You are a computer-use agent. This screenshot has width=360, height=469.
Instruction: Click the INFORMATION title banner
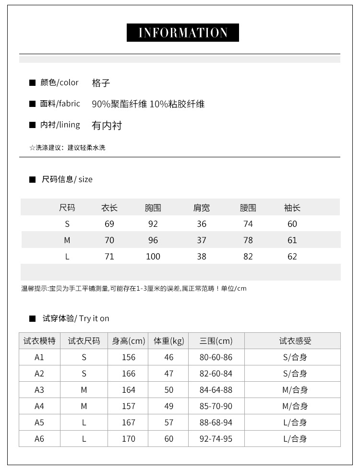(182, 33)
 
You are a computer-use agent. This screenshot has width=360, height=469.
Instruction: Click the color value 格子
(101, 83)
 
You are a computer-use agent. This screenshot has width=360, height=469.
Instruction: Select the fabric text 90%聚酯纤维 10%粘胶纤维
(148, 104)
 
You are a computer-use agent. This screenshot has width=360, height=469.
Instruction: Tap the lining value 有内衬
(107, 126)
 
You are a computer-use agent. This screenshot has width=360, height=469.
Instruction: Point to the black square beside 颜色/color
(33, 83)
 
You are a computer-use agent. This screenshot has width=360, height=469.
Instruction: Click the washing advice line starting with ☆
(67, 148)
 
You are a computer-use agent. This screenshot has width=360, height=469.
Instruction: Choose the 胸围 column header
(153, 208)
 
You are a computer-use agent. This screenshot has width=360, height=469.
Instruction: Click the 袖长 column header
(292, 208)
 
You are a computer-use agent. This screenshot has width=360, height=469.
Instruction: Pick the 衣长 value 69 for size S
(109, 224)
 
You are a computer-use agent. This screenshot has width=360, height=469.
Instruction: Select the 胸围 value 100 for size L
(153, 257)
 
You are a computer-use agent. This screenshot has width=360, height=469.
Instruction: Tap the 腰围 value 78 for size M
(248, 240)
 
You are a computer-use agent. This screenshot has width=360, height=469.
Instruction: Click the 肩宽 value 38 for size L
(202, 257)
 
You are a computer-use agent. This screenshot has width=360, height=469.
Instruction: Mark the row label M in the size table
(67, 240)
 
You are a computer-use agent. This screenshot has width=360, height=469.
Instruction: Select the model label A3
(39, 390)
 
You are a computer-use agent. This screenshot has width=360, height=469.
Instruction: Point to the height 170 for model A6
(129, 439)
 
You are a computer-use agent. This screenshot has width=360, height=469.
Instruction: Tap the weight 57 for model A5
(169, 422)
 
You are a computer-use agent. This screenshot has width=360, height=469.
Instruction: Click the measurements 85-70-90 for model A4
(216, 406)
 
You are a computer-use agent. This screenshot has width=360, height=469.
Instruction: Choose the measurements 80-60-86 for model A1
(216, 357)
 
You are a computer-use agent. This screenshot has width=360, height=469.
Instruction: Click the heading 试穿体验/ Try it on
(76, 318)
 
